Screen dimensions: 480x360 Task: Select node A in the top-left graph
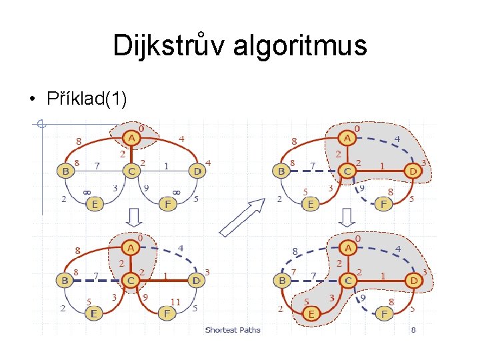(131, 138)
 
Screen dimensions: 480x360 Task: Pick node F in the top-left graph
(169, 204)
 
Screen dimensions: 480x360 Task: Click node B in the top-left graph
(65, 171)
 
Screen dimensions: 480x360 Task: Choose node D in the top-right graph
(413, 171)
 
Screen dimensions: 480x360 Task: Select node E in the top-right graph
(311, 204)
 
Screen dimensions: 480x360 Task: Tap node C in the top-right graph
(347, 171)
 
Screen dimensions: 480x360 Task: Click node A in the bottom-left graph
(131, 248)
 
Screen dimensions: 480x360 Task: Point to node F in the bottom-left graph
(169, 312)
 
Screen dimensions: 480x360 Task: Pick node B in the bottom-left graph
(65, 281)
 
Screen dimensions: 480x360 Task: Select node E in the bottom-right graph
(311, 312)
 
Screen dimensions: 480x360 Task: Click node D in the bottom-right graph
(413, 281)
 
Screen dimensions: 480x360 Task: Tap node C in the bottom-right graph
(347, 281)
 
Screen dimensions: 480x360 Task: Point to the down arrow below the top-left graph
(133, 217)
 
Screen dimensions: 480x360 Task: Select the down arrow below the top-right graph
(347, 217)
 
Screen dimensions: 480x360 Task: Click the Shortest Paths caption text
(233, 329)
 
